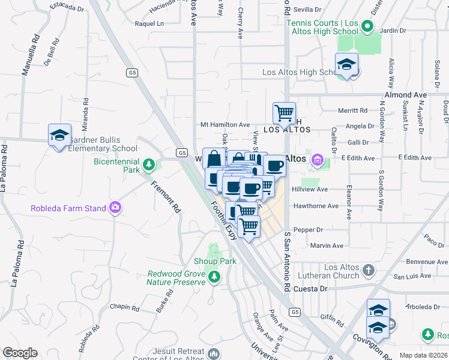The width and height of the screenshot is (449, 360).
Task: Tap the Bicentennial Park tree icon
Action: pos(148,164)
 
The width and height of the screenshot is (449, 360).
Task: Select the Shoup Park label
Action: pos(215,261)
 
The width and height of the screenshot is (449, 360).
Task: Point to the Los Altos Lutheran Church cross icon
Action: pos(369,270)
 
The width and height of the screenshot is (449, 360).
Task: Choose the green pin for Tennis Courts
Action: pos(368,27)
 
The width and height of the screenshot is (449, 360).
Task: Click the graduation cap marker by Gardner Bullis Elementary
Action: pos(59,136)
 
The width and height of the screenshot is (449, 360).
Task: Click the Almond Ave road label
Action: pos(405,95)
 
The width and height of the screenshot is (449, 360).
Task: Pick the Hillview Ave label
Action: pos(310,189)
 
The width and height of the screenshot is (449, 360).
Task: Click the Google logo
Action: pos(20,353)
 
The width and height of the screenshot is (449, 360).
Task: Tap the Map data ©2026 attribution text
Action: pos(423,355)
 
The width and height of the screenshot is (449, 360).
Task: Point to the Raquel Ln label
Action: pos(149,24)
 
